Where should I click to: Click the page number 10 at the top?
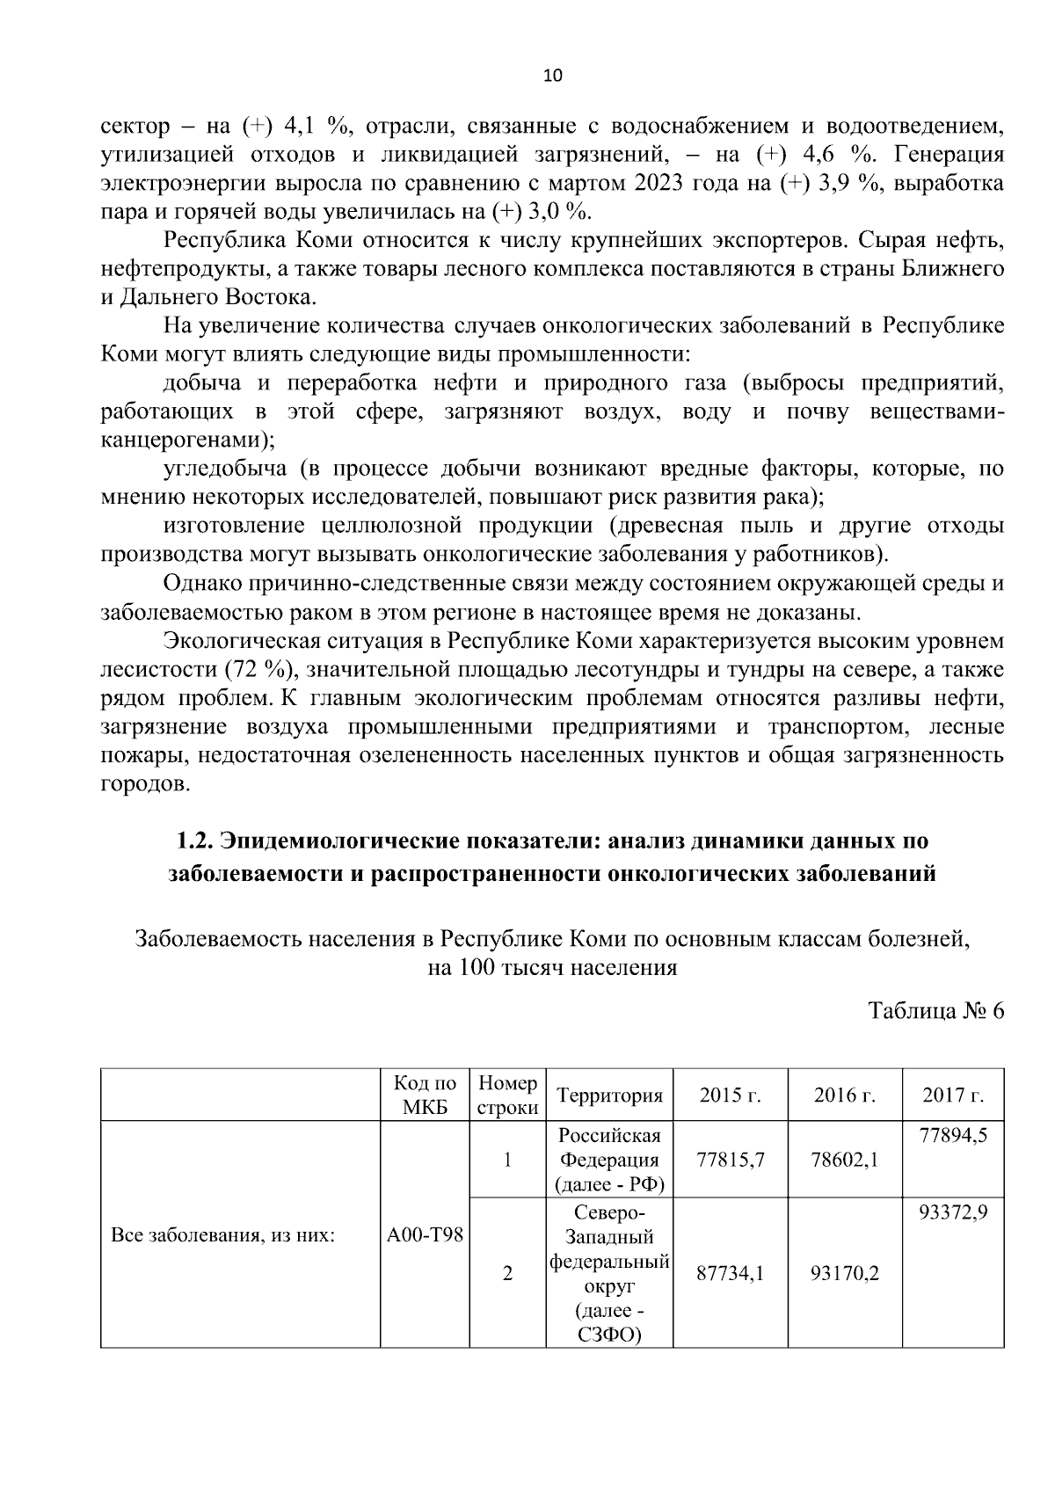point(552,76)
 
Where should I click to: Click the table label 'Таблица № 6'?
point(935,1010)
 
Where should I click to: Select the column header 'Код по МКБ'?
point(425,1095)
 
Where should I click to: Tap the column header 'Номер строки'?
point(507,1095)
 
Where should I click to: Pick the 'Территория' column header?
point(609,1095)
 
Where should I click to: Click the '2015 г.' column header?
point(730,1095)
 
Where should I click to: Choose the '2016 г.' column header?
point(844,1095)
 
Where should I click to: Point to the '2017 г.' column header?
point(952,1095)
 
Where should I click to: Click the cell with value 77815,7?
point(730,1160)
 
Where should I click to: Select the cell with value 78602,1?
point(844,1160)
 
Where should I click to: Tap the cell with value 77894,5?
point(953,1135)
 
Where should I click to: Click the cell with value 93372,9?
point(953,1212)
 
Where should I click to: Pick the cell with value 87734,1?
point(730,1272)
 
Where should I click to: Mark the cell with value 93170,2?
point(844,1272)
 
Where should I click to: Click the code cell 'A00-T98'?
point(425,1234)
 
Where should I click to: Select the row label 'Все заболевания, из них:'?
point(223,1234)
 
